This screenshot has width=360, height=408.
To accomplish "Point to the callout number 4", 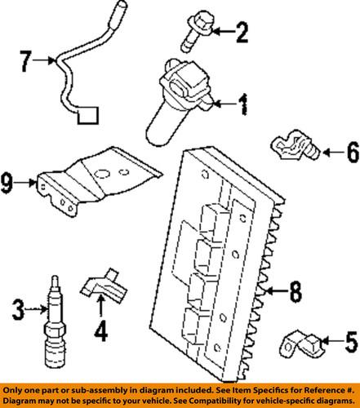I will pos(100,332).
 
